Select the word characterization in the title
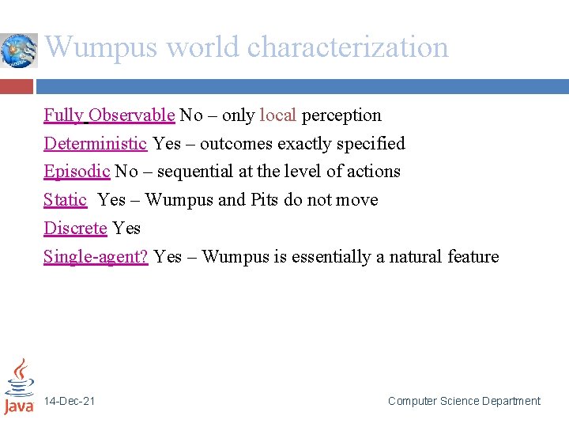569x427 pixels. pyautogui.click(x=348, y=47)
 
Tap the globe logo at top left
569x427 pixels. pyautogui.click(x=18, y=51)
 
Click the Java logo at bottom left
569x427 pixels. pyautogui.click(x=18, y=387)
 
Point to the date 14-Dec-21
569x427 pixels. pyautogui.click(x=70, y=402)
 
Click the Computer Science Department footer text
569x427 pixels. pyautogui.click(x=464, y=402)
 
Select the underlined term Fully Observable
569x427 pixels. pyautogui.click(x=109, y=115)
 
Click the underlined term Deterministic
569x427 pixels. pyautogui.click(x=95, y=144)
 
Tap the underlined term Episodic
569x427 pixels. pyautogui.click(x=77, y=172)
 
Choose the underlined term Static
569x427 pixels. pyautogui.click(x=65, y=200)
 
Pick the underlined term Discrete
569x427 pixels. pyautogui.click(x=75, y=229)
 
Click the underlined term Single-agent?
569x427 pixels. pyautogui.click(x=96, y=257)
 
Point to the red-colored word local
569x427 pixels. pyautogui.click(x=277, y=115)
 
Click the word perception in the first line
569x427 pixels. pyautogui.click(x=341, y=115)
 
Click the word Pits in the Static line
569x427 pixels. pyautogui.click(x=264, y=200)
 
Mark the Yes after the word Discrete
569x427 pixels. pyautogui.click(x=126, y=229)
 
